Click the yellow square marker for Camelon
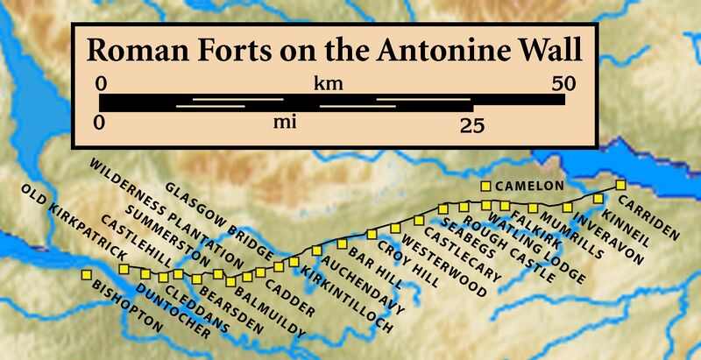485,186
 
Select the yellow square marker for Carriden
620,185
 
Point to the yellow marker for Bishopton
86,276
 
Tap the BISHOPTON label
128,307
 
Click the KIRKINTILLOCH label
345,302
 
